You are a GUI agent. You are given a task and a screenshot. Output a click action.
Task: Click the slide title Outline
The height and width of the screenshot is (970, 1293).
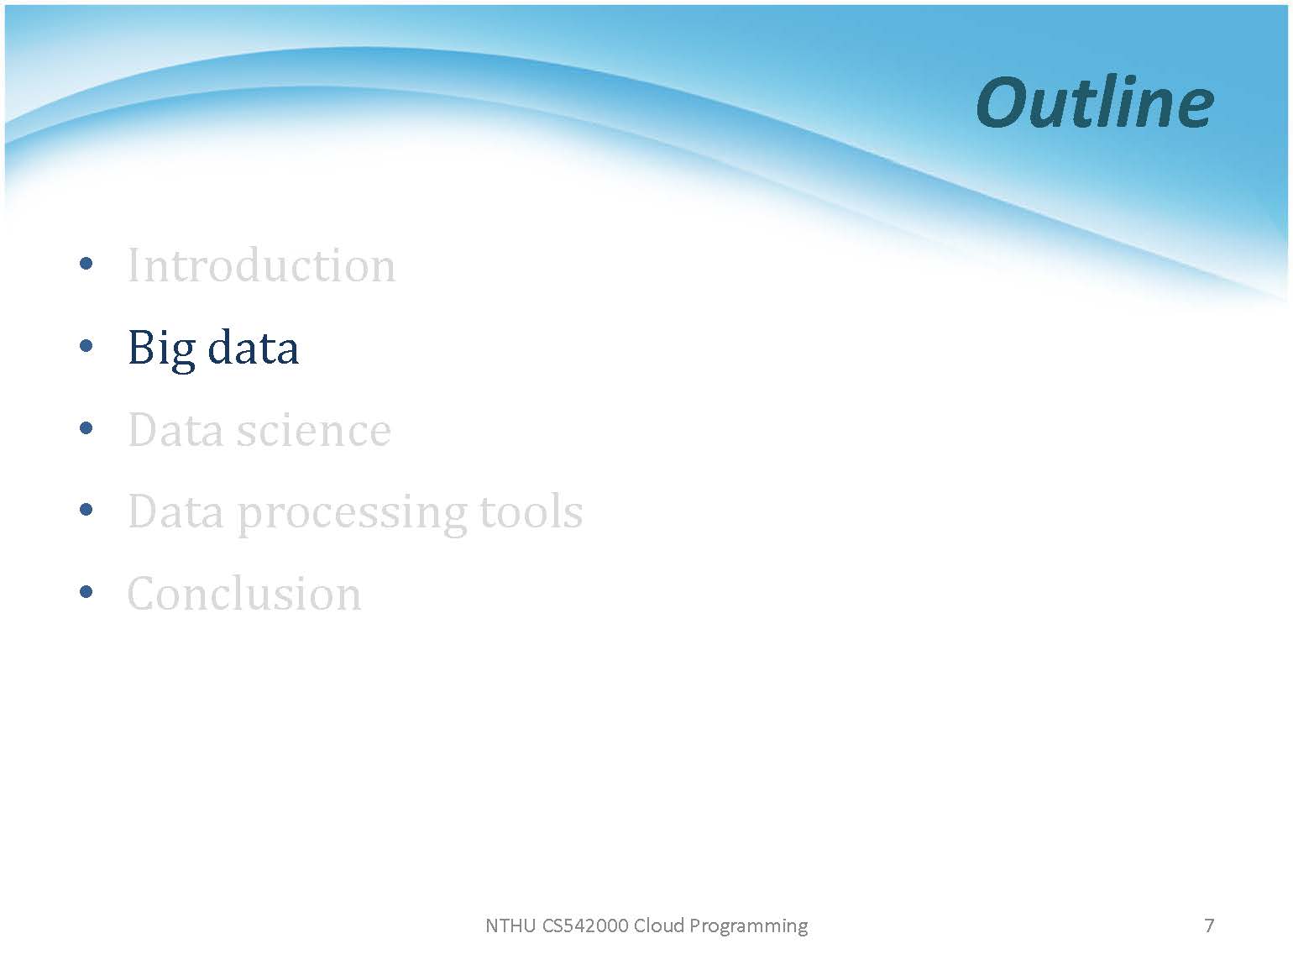[1094, 102]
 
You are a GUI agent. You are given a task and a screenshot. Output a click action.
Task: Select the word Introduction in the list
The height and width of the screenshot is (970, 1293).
[262, 265]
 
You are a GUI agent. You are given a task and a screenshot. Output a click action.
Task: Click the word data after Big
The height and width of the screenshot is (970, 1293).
[254, 348]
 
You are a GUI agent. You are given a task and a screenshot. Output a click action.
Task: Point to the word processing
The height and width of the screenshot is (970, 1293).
[352, 514]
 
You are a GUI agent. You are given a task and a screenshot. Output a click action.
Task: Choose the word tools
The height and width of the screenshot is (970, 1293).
[531, 511]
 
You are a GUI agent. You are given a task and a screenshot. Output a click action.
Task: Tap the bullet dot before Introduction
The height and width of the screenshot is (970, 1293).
[86, 263]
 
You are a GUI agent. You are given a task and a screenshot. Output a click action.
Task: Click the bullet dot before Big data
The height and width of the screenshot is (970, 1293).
[86, 346]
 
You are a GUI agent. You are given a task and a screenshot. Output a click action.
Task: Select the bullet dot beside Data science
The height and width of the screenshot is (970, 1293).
[86, 427]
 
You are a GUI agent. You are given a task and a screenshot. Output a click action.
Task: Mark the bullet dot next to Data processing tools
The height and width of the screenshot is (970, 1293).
[86, 510]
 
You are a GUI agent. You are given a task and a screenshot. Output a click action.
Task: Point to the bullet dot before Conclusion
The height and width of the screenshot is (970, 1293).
[86, 591]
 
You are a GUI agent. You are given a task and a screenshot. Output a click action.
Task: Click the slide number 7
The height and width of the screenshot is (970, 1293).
[1209, 925]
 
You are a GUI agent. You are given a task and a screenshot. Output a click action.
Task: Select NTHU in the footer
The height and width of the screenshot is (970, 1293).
[510, 925]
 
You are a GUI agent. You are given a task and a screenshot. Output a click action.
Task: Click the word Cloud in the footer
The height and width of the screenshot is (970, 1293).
[660, 925]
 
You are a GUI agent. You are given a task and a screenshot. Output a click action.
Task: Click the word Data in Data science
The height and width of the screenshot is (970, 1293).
[175, 430]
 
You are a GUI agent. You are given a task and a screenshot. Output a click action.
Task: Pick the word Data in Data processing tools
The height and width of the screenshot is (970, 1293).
[175, 511]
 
